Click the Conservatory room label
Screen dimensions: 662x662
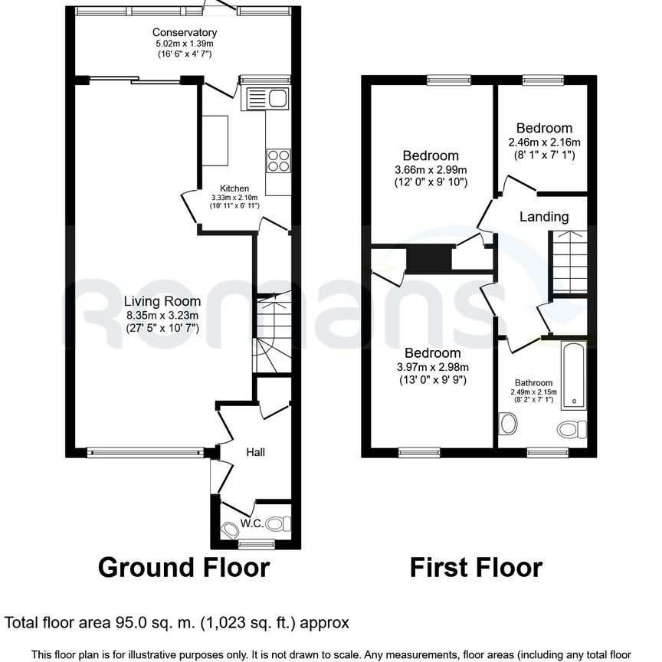184,32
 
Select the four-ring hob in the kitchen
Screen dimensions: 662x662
277,160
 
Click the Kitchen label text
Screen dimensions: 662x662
234,188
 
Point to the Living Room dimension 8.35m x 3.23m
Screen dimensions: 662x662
162,315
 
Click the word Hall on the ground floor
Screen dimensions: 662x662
255,453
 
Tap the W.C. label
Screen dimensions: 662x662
251,524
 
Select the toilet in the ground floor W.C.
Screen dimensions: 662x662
283,524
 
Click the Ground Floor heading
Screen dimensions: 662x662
184,568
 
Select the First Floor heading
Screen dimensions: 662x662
476,568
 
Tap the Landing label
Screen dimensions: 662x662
544,217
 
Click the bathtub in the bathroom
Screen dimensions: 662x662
573,376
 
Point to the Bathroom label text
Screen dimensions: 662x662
533,383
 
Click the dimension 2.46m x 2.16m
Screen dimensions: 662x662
544,142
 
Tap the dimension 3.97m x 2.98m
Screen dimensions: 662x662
433,367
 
